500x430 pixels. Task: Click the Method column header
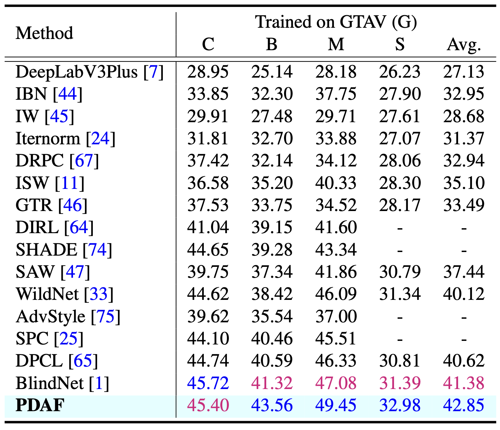[x=44, y=33]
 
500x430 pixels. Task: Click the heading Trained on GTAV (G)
[x=336, y=22]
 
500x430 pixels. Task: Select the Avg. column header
[x=463, y=44]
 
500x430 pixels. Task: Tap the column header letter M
[x=336, y=44]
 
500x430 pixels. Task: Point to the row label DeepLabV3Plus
[x=77, y=72]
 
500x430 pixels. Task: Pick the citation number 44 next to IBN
[x=67, y=94]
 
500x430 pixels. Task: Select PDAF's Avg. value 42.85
[x=463, y=405]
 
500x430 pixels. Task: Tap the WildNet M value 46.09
[x=336, y=294]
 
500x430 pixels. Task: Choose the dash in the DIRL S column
[x=400, y=228]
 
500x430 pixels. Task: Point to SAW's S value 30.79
[x=400, y=271]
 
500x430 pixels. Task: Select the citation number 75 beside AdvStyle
[x=105, y=316]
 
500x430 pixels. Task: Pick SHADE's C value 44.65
[x=208, y=249]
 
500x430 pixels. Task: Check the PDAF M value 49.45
[x=336, y=405]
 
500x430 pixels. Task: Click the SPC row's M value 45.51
[x=336, y=338]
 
